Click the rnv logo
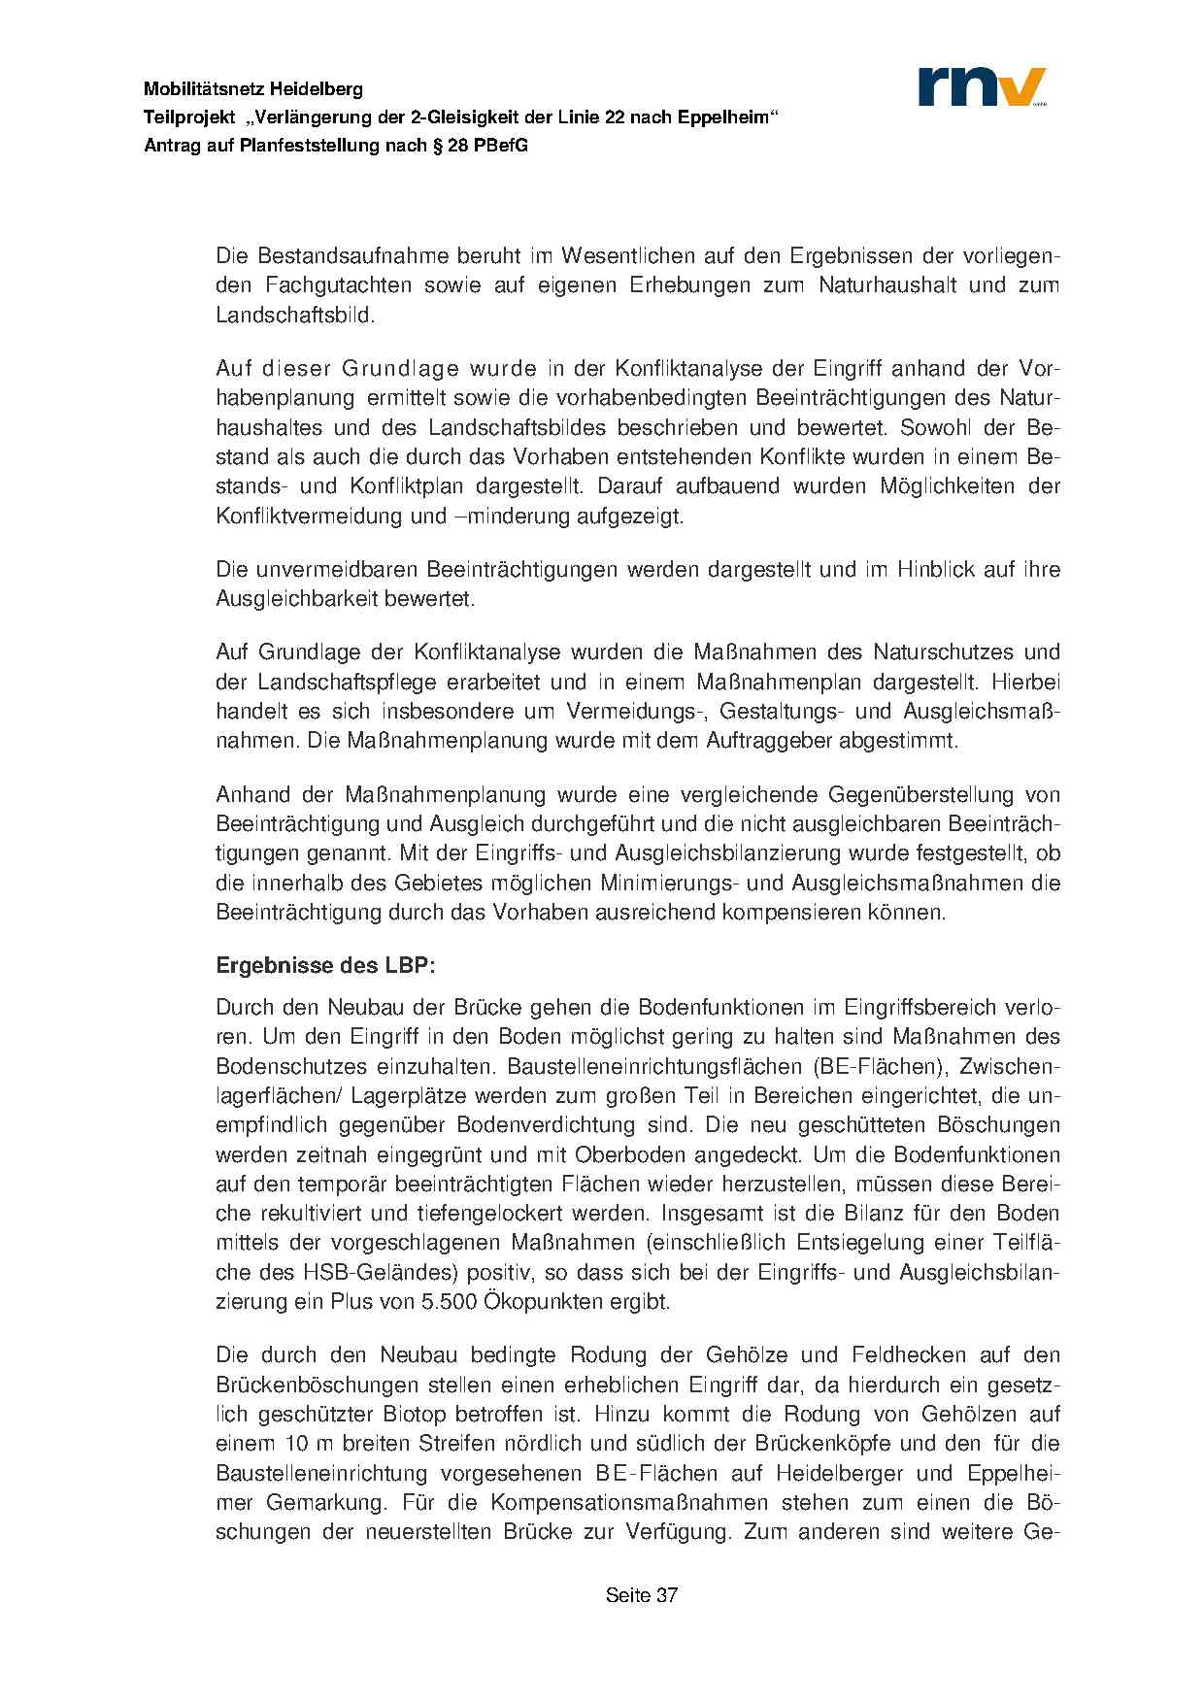point(982,86)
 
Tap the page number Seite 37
point(641,1595)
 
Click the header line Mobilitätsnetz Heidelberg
point(253,89)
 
